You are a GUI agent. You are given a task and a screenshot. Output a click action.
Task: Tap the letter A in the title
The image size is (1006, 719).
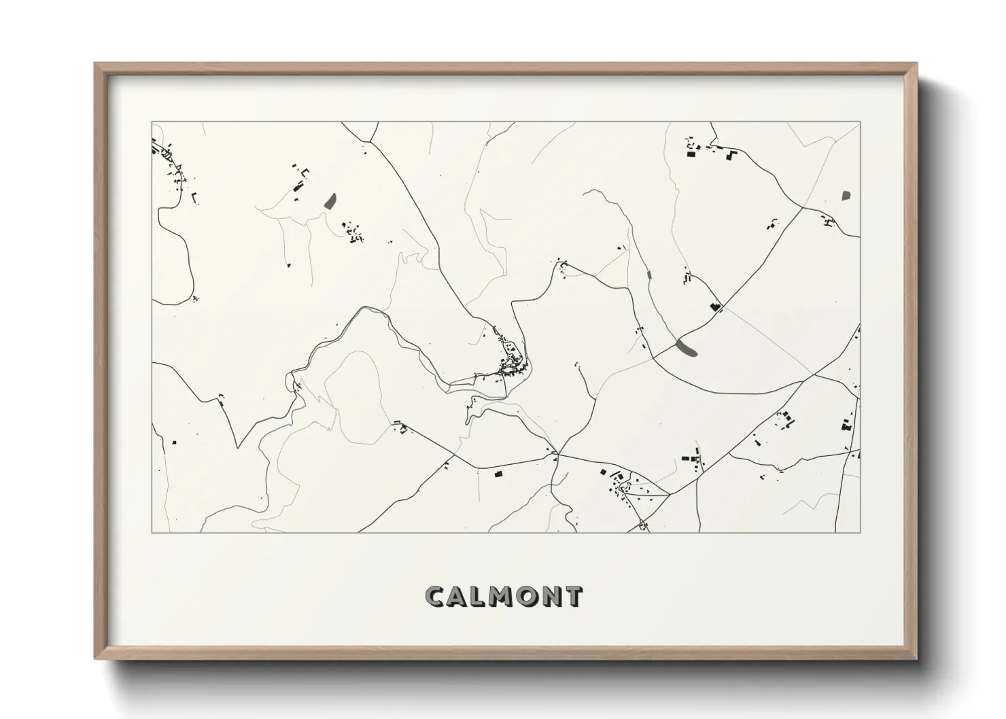pos(457,596)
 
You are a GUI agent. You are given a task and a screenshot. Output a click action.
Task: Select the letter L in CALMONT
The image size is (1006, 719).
pos(478,596)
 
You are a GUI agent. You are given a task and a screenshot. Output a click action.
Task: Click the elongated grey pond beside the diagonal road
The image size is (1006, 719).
pos(687,348)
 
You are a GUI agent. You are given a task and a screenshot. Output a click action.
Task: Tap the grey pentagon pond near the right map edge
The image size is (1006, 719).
pos(846,196)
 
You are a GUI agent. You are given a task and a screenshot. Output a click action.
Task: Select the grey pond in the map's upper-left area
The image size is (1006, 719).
pos(330,200)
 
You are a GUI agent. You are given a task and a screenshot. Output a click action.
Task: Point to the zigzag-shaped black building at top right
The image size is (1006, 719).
pos(731,156)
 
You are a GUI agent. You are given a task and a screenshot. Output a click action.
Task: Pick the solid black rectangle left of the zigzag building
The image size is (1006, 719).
pos(692,155)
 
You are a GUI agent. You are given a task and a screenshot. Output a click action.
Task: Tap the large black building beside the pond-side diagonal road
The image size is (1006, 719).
pos(714,306)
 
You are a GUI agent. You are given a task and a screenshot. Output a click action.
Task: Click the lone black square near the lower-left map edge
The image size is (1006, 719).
pos(175,443)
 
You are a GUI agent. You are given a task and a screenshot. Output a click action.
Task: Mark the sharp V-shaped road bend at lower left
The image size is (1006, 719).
pos(237,446)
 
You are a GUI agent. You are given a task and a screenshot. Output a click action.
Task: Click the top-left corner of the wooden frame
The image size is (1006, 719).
pos(96,64)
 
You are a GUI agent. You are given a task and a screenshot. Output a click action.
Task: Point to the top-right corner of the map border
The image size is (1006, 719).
pos(860,122)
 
